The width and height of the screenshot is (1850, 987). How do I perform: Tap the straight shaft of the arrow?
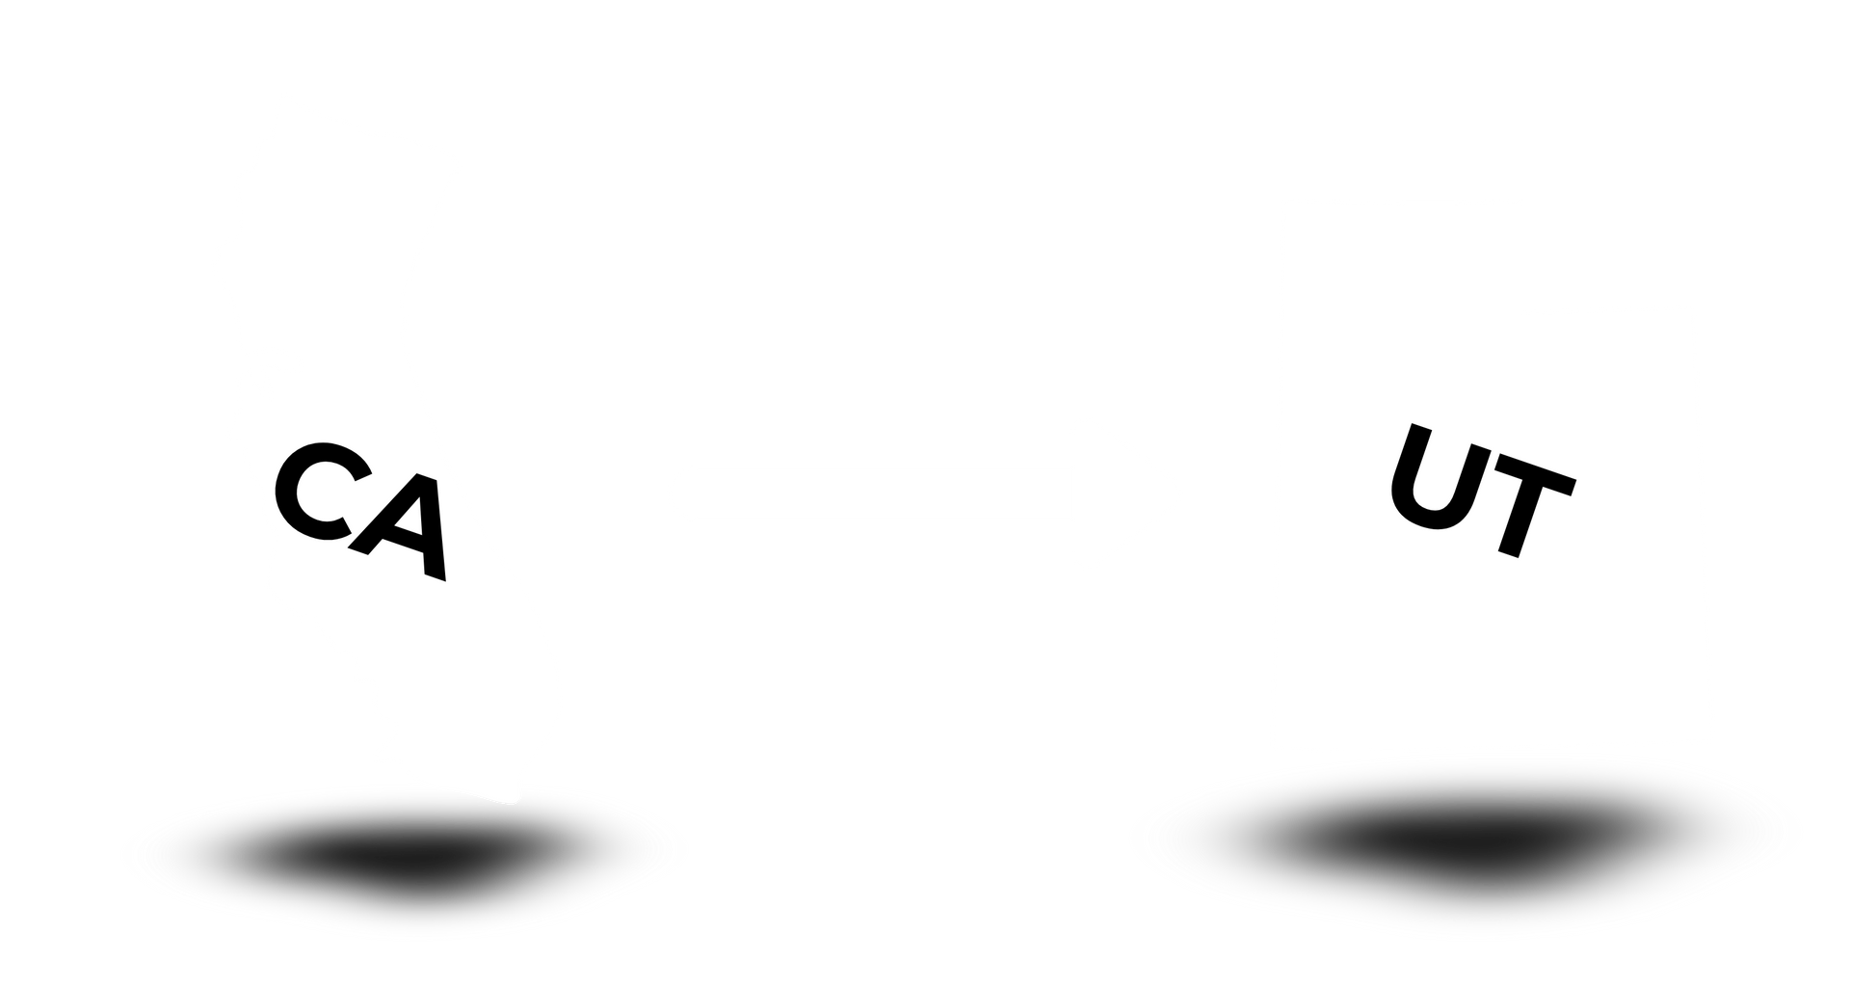pyautogui.click(x=867, y=493)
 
